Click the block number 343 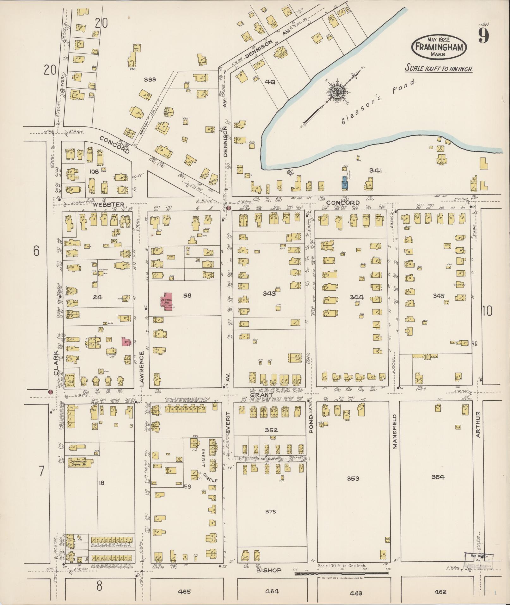[269, 293]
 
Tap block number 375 [271, 511]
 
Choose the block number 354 [438, 477]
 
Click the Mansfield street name [395, 431]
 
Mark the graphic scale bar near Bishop [341, 573]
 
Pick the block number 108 [94, 172]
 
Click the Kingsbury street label [267, 458]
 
